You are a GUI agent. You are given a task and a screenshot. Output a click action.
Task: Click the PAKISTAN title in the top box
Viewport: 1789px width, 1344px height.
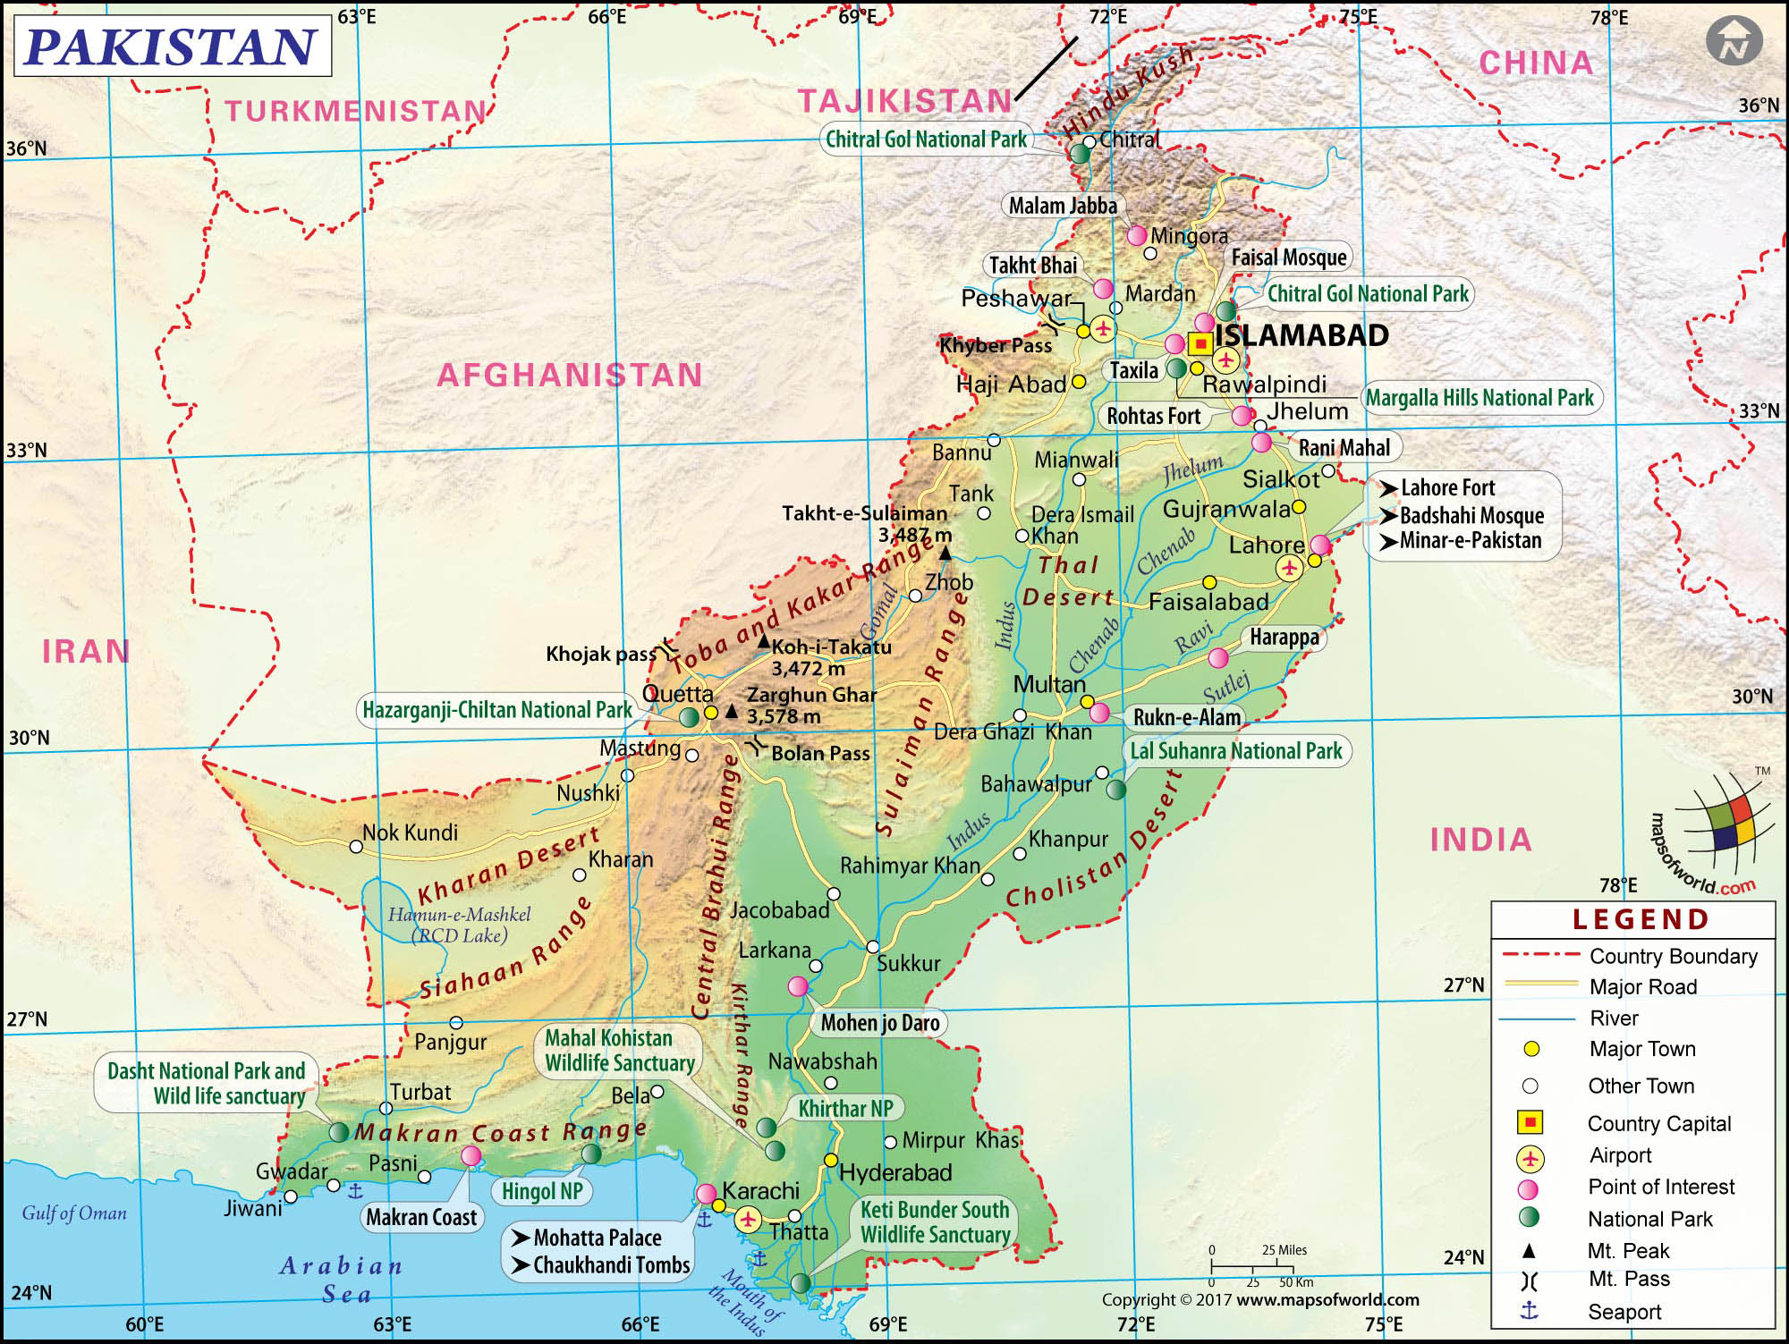click(172, 46)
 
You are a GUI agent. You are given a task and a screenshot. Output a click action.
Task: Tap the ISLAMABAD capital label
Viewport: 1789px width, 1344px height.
click(1301, 335)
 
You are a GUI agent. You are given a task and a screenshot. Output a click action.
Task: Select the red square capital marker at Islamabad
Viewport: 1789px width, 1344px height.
click(1200, 343)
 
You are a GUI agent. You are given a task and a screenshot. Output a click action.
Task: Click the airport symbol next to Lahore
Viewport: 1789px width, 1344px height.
click(1289, 567)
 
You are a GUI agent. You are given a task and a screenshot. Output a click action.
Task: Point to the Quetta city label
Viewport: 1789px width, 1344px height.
click(678, 693)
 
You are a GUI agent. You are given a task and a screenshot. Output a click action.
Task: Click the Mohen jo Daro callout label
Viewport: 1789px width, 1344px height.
click(879, 1023)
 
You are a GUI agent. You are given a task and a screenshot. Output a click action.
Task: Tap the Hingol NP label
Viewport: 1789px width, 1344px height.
click(542, 1191)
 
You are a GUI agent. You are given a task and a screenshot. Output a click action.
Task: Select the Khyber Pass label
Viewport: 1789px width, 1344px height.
click(996, 345)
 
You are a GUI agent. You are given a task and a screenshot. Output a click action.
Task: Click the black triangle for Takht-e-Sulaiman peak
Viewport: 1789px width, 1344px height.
click(945, 554)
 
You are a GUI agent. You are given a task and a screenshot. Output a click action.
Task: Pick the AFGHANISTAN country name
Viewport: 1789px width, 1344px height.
click(570, 375)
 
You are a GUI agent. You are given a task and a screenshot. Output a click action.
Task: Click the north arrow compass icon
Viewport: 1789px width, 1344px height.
click(1734, 42)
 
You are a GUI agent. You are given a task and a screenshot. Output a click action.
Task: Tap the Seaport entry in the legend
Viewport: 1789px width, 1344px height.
click(1624, 1312)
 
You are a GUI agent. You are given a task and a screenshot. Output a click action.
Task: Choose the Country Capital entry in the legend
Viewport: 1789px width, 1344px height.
click(1658, 1123)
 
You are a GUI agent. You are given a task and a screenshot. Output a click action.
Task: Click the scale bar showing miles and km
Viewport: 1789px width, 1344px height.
click(1262, 1266)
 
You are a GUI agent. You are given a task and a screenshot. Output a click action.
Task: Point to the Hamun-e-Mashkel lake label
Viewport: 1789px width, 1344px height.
click(459, 925)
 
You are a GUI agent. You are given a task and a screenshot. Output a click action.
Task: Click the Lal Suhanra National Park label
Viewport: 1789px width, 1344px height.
click(1235, 751)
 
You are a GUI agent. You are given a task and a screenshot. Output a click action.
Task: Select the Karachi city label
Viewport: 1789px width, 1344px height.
click(760, 1191)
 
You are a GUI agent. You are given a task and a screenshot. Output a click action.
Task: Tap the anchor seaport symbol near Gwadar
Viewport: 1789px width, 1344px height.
click(355, 1190)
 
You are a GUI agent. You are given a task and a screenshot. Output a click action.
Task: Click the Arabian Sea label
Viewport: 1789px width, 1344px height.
click(342, 1280)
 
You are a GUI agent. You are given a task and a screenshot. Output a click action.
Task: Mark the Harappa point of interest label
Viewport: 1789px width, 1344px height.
click(1284, 638)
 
